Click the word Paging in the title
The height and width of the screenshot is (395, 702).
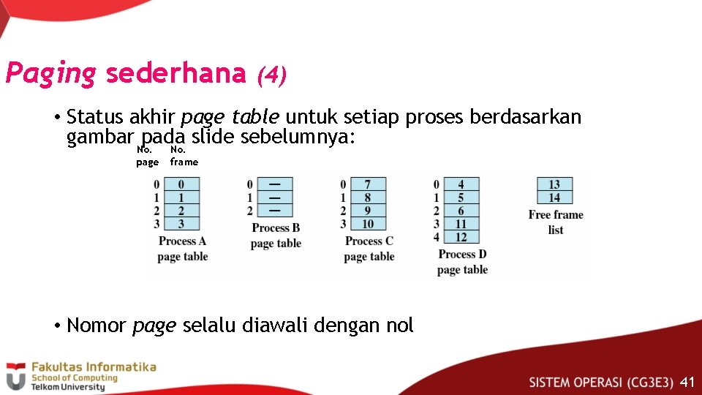50,74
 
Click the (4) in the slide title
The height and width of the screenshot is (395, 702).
271,75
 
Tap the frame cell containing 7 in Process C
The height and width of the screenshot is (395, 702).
367,184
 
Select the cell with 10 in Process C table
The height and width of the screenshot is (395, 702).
367,224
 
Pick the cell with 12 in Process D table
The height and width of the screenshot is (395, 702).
461,237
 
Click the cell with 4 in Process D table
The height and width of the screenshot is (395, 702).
461,184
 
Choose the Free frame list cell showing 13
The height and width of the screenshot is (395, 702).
554,184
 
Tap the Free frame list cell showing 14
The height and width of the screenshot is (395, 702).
554,197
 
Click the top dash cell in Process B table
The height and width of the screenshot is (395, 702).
275,184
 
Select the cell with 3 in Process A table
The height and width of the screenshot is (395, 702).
181,224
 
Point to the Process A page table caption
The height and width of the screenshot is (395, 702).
182,249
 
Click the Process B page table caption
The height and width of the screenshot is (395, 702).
276,236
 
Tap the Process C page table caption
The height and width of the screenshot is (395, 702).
369,249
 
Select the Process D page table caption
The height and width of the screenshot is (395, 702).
462,262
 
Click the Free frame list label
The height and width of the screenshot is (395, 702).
556,222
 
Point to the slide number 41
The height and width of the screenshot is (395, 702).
687,382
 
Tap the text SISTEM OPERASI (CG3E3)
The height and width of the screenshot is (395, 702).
600,382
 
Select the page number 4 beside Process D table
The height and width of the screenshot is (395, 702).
437,237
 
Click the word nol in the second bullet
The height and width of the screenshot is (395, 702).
400,326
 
